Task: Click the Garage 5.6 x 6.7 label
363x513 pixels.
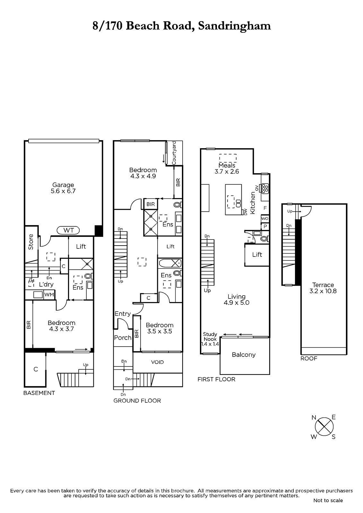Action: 63,188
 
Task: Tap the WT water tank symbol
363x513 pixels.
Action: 68,230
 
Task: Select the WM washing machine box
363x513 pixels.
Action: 49,295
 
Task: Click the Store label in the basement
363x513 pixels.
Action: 31,242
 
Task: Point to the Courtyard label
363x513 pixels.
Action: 174,153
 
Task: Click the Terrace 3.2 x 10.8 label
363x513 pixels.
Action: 323,288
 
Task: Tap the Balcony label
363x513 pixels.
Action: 244,355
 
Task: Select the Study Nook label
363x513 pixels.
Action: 210,337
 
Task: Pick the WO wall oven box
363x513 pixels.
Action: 264,218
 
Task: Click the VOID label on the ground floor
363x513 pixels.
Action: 157,362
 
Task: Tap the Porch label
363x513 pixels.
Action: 123,338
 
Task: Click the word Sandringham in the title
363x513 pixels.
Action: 234,26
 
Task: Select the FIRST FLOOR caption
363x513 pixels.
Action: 216,379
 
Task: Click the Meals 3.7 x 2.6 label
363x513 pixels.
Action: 227,168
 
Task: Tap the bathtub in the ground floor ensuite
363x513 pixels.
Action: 170,263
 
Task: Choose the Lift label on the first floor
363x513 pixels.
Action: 257,255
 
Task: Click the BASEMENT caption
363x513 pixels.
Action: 39,393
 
